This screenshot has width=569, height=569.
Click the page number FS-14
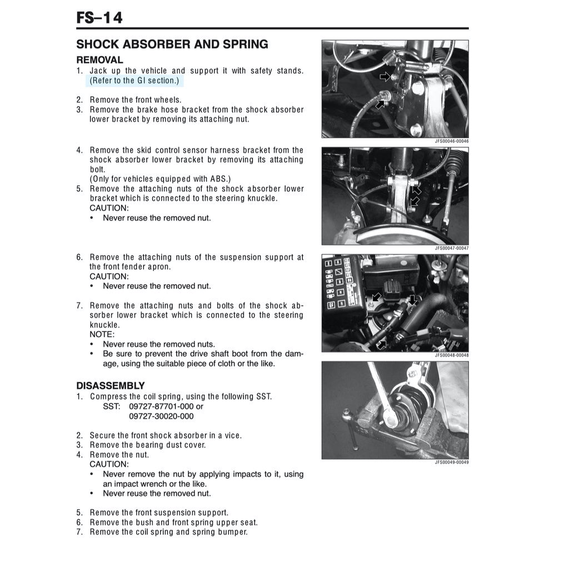coord(99,18)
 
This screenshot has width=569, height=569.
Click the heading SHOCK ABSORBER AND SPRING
coord(172,44)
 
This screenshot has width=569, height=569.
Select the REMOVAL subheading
coord(99,59)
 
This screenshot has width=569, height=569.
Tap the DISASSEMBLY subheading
coord(110,386)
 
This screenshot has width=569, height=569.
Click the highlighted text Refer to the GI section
coord(135,81)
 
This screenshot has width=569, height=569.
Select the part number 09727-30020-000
coord(161,416)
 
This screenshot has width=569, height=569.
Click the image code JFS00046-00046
coord(451,141)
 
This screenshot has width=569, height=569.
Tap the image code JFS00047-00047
coord(451,248)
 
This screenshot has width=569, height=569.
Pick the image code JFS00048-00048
coord(451,355)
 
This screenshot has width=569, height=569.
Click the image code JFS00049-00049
coord(451,462)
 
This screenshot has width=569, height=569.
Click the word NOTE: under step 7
coord(102,335)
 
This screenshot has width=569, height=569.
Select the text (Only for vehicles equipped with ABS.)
coord(160,179)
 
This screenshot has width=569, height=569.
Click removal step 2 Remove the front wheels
coord(135,100)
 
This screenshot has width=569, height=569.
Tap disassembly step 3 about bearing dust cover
coord(147,445)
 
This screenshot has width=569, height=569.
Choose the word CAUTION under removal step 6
coord(109,276)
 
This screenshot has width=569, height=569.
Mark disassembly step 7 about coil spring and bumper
coord(168,532)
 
